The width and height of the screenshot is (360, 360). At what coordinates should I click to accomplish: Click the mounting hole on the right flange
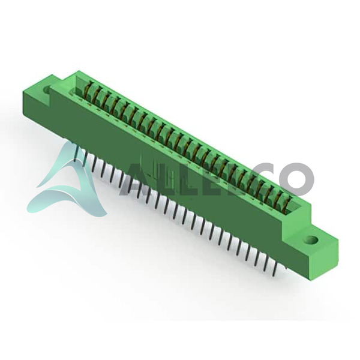pos(312,241)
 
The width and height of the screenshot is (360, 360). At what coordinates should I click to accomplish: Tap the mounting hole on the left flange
pos(47,89)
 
